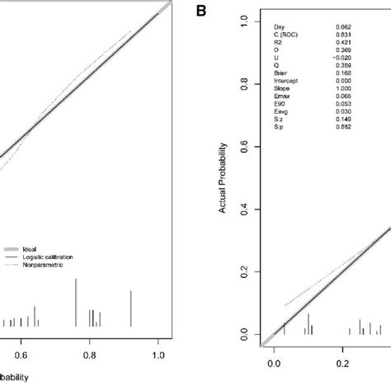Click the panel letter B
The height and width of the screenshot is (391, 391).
(201, 11)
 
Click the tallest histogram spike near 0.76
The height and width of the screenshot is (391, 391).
(76, 302)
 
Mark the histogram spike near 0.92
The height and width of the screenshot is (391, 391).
(131, 308)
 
